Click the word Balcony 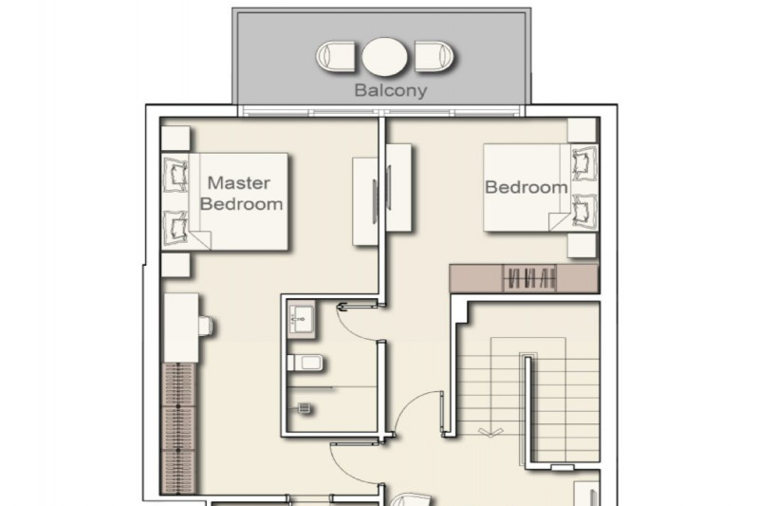pyautogui.click(x=391, y=90)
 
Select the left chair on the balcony pyautogui.click(x=336, y=57)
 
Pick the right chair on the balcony pyautogui.click(x=435, y=57)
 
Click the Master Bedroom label pyautogui.click(x=241, y=194)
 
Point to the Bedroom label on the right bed pyautogui.click(x=527, y=187)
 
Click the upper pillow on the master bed pyautogui.click(x=176, y=174)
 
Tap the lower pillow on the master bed pyautogui.click(x=176, y=228)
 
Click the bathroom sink pyautogui.click(x=302, y=320)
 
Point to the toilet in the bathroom pyautogui.click(x=305, y=363)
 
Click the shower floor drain pyautogui.click(x=304, y=408)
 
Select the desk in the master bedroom pyautogui.click(x=180, y=328)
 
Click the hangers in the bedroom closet pyautogui.click(x=529, y=279)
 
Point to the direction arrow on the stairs pyautogui.click(x=491, y=431)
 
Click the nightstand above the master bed pyautogui.click(x=176, y=139)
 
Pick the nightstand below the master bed pyautogui.click(x=176, y=265)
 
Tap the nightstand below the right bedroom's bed pyautogui.click(x=582, y=246)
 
